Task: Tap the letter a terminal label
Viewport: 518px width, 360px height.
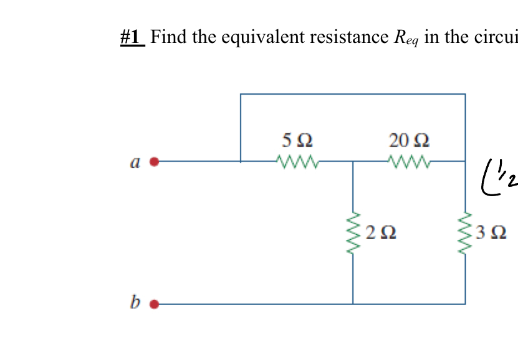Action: tap(133, 163)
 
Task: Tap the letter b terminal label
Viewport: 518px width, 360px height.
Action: tap(135, 303)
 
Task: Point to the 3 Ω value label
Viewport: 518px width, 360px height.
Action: tap(491, 234)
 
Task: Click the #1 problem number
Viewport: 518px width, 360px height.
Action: tap(132, 37)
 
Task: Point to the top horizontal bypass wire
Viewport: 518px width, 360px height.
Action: tap(353, 94)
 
